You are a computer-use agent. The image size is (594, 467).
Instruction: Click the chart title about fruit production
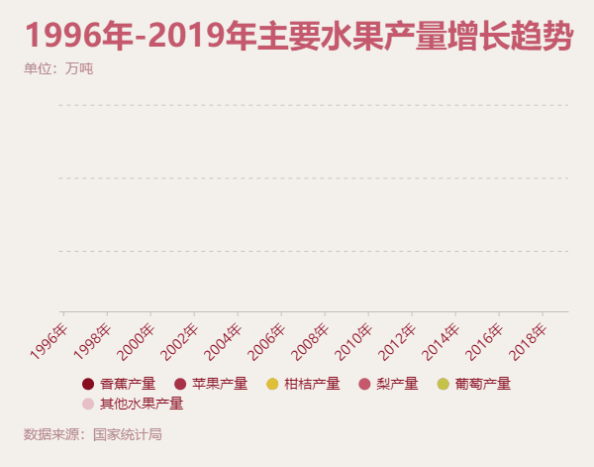point(297,37)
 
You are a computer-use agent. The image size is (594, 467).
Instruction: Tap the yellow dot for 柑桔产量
point(272,384)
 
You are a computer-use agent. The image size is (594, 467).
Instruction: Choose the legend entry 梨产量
point(396,384)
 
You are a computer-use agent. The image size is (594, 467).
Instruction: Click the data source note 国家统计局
point(92,433)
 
